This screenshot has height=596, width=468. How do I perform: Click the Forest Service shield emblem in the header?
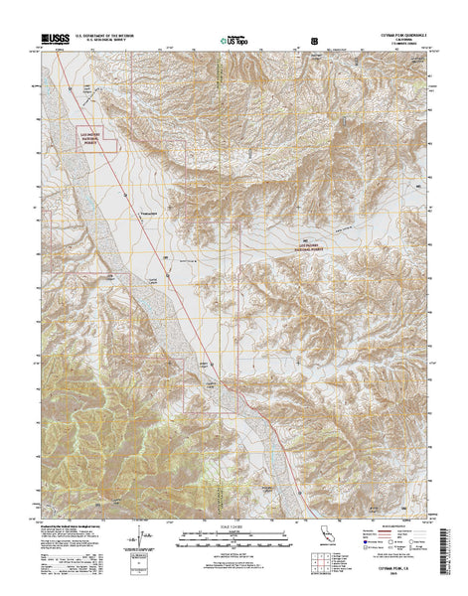click(x=316, y=41)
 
